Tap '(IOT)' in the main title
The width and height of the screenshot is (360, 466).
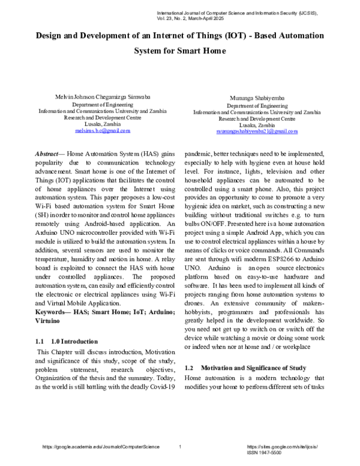[239, 35]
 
